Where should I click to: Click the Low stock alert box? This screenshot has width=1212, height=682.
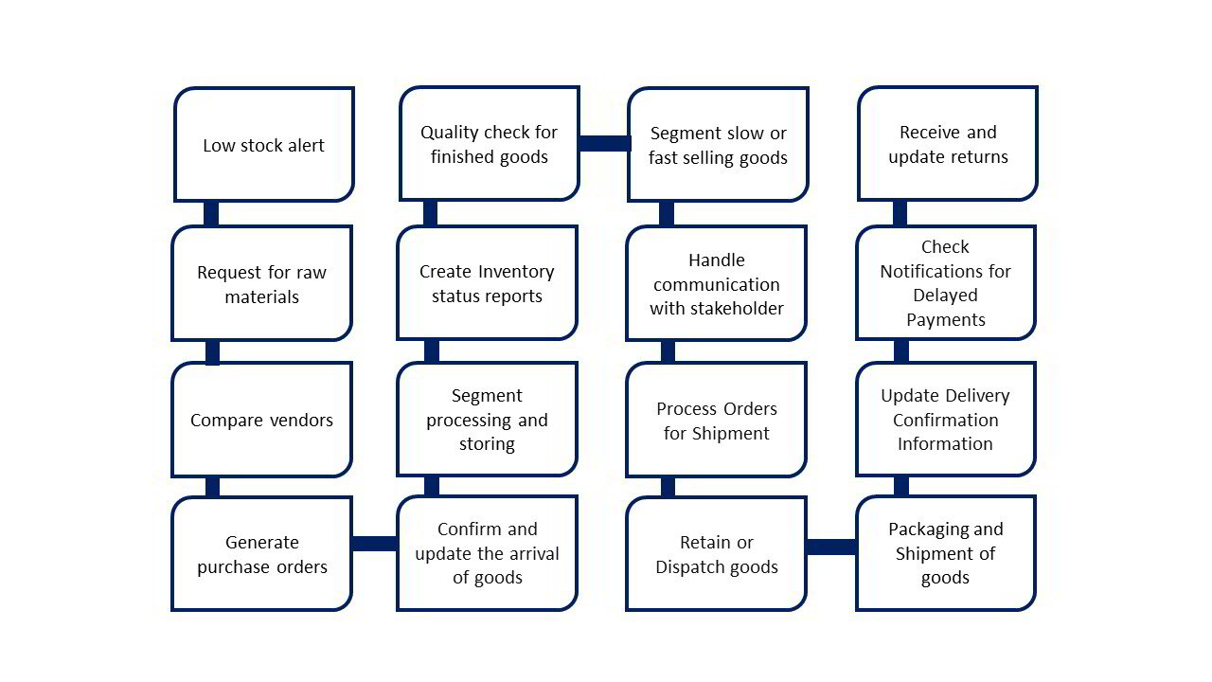(x=263, y=145)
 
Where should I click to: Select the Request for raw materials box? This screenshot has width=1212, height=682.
(x=261, y=283)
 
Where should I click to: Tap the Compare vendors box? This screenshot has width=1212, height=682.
(x=261, y=420)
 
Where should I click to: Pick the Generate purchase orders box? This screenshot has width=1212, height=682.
(x=261, y=554)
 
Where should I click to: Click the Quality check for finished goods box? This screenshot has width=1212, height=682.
(x=489, y=144)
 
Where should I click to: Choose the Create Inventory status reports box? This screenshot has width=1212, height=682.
(x=487, y=283)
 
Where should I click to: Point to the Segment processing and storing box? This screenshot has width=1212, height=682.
(x=487, y=420)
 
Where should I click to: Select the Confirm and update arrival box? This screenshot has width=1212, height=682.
(x=487, y=553)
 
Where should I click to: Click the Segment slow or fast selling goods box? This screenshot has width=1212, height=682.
(x=718, y=145)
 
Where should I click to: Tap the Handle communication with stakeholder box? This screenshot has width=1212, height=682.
(x=716, y=283)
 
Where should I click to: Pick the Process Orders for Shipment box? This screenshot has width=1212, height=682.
(x=716, y=420)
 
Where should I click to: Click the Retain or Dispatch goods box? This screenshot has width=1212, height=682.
(x=716, y=554)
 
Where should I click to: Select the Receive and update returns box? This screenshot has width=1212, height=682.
(x=948, y=144)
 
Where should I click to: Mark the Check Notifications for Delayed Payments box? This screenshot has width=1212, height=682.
(x=946, y=282)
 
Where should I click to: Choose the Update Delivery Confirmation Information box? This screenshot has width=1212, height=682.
(x=946, y=419)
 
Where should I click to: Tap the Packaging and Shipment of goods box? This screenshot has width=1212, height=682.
(x=946, y=553)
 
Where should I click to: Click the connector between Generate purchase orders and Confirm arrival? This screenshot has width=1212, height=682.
(x=374, y=544)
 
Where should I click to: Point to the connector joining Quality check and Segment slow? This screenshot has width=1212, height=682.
(x=604, y=143)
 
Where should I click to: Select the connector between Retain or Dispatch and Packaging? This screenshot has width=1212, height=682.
(x=831, y=547)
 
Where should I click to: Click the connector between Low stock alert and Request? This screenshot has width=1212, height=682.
(x=211, y=213)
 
